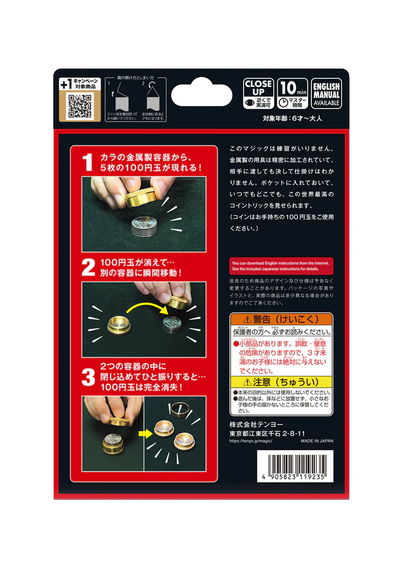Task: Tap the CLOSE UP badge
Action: click(258, 94)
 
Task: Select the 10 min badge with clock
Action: click(293, 94)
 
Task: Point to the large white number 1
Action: click(87, 163)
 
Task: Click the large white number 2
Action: click(88, 267)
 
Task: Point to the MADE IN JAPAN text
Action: click(316, 441)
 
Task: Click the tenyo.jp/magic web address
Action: click(251, 441)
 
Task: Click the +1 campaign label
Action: click(80, 83)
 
